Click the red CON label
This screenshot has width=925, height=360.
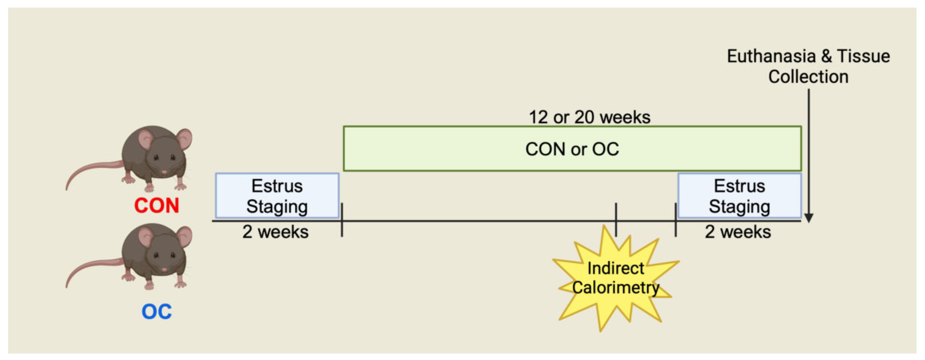click(x=156, y=206)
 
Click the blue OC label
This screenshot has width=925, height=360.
click(x=156, y=312)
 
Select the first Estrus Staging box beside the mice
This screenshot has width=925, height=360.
click(x=277, y=196)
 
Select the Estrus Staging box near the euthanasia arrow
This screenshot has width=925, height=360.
click(x=739, y=196)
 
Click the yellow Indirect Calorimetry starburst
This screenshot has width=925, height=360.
click(x=615, y=278)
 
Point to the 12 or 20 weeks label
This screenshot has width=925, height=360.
click(x=589, y=117)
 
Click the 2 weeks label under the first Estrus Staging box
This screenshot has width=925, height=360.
click(x=276, y=232)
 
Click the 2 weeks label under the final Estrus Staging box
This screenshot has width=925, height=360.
click(x=738, y=232)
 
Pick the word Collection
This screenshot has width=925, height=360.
click(x=808, y=77)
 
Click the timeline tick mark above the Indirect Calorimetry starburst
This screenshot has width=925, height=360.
click(x=616, y=220)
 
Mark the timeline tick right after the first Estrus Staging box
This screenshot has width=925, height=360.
click(x=342, y=220)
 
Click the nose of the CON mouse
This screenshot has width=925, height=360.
click(x=164, y=172)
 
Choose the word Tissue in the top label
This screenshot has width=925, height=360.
click(x=863, y=56)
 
